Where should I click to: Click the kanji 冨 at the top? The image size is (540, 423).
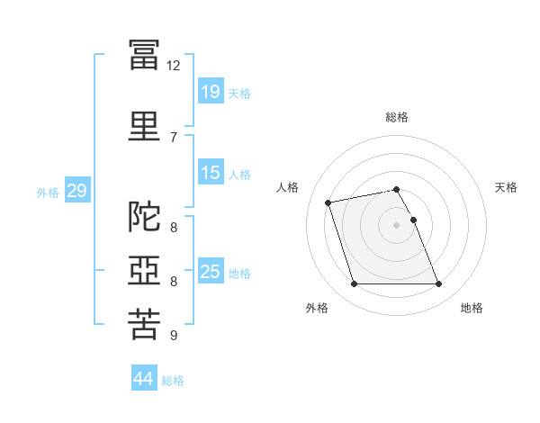(144, 54)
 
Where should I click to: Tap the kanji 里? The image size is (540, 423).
(144, 124)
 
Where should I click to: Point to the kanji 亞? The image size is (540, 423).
(144, 271)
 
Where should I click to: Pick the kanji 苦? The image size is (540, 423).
(144, 324)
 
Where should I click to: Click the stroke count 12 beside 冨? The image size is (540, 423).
(174, 66)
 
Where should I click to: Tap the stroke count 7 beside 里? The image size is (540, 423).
(174, 137)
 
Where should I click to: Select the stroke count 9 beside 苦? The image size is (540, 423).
(174, 336)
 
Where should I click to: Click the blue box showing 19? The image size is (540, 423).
(211, 92)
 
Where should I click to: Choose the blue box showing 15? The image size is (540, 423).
(211, 173)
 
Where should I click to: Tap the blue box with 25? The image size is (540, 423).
(211, 272)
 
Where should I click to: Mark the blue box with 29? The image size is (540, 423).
(76, 191)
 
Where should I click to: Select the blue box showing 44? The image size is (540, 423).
(143, 380)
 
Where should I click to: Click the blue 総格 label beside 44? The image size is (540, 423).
(173, 381)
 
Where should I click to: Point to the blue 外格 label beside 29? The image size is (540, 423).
(48, 192)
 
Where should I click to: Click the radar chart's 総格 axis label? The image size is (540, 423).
(397, 117)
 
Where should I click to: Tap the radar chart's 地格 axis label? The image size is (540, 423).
(472, 308)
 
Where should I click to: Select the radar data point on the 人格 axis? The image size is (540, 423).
(328, 202)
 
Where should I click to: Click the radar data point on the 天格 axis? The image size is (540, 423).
(413, 220)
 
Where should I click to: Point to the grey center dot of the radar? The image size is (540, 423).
(397, 225)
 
